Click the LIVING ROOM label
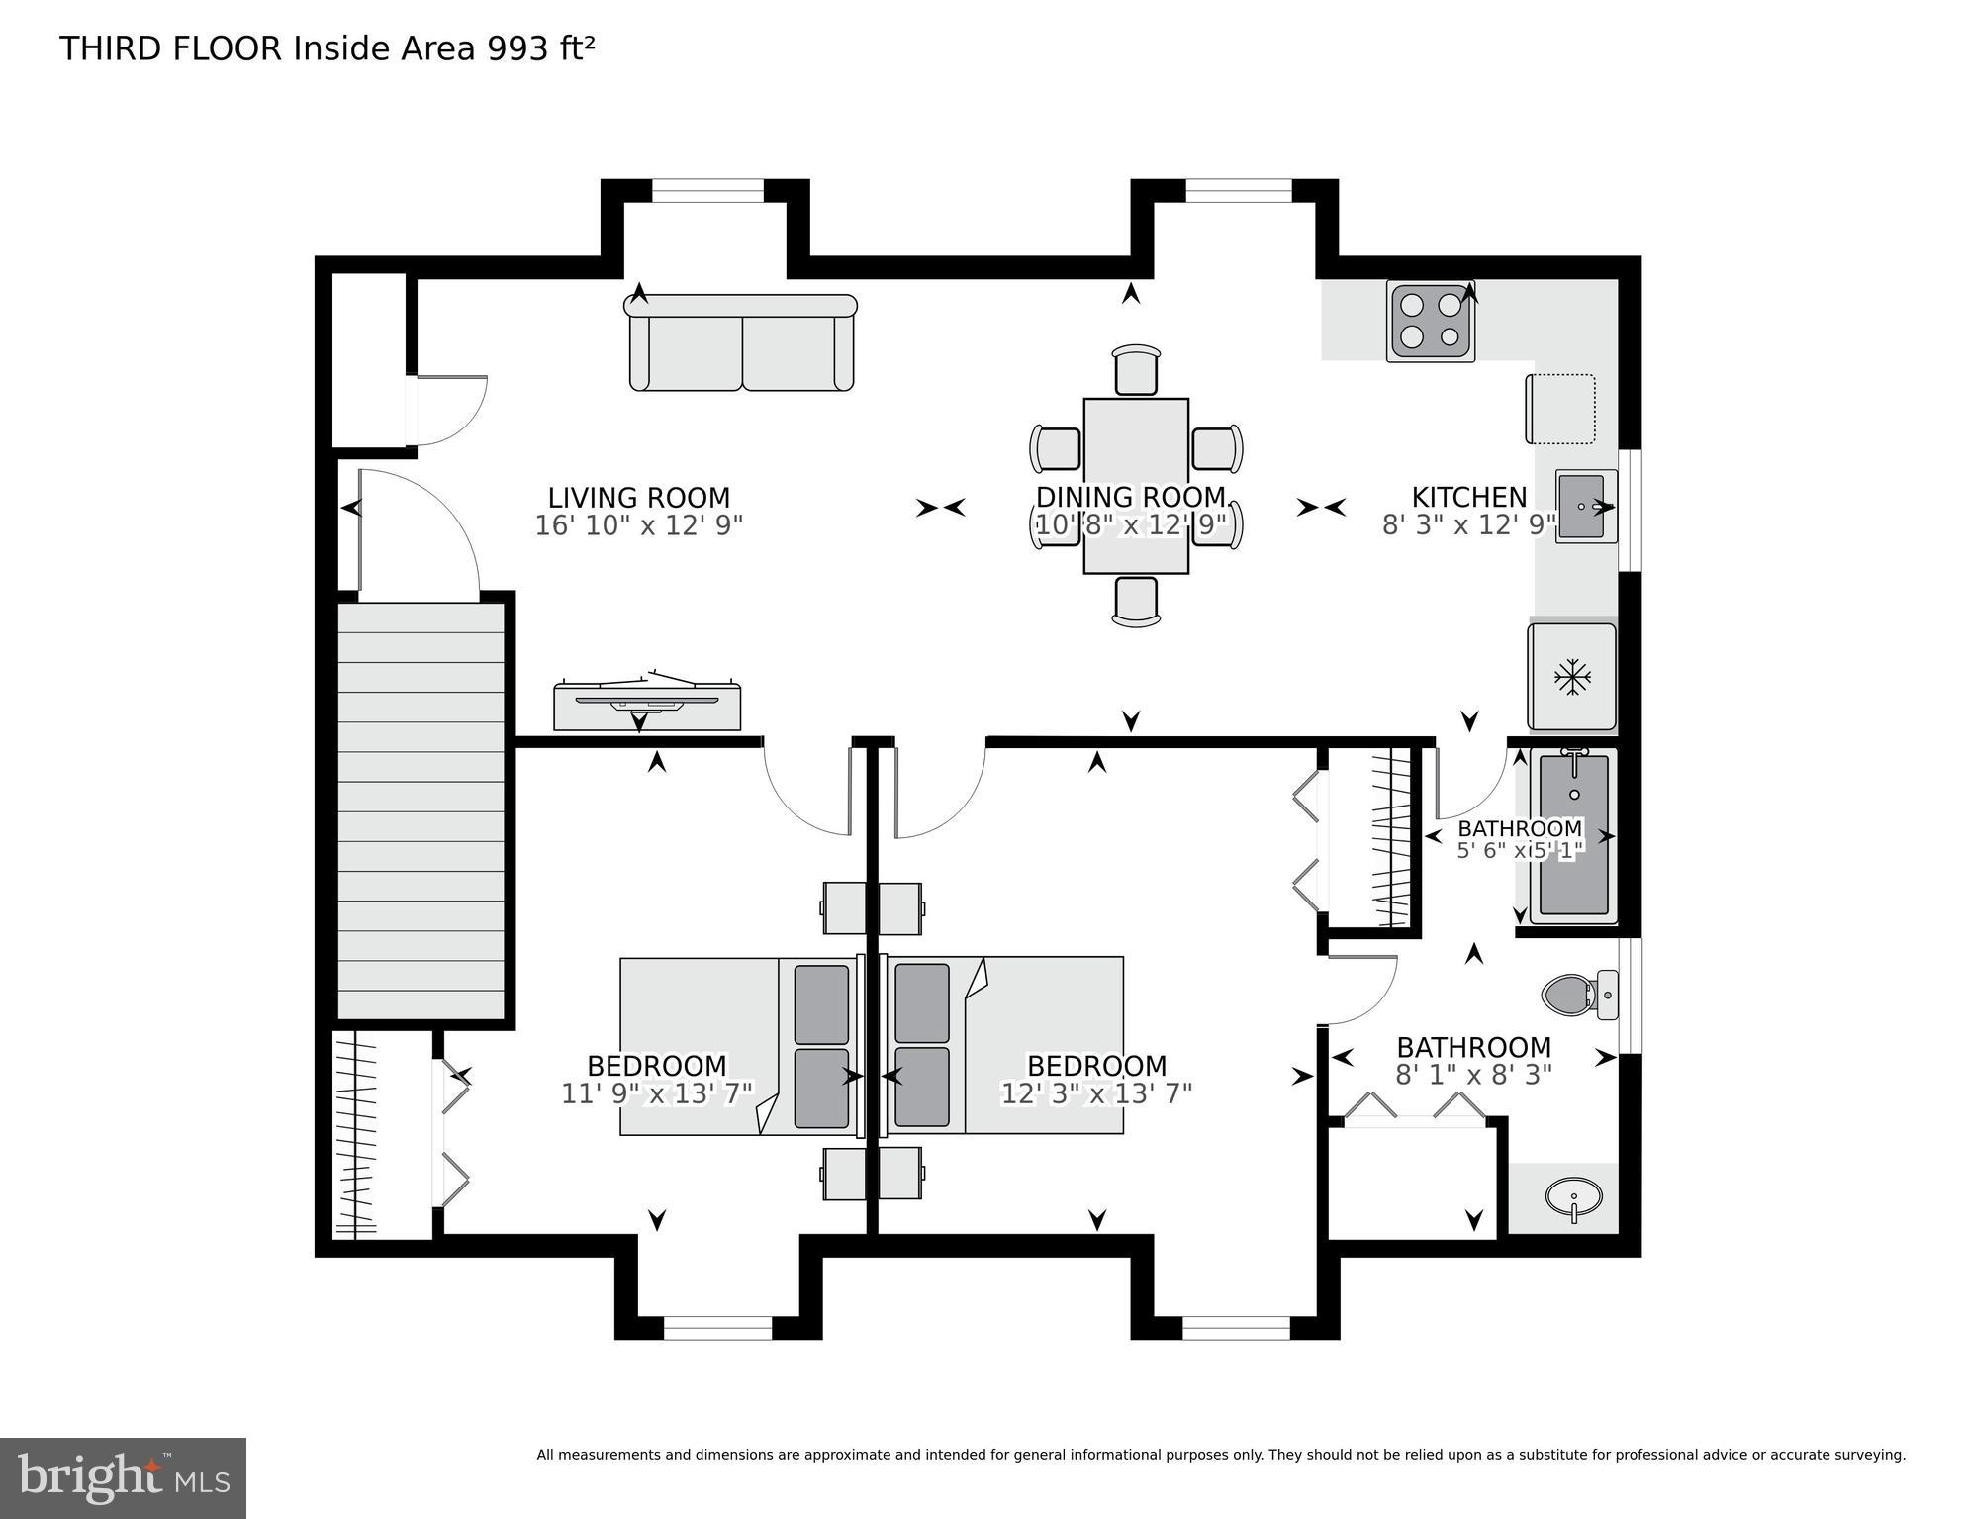(638, 498)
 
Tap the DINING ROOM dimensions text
(1131, 524)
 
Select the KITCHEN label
(1468, 497)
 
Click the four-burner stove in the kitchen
(1430, 321)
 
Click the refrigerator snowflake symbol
(1571, 677)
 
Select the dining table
(1136, 485)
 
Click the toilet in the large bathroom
(1573, 994)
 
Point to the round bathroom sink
(1572, 1197)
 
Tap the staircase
(421, 811)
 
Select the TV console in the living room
(647, 704)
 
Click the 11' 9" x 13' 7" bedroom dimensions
(657, 1093)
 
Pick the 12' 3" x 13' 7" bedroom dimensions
(1096, 1093)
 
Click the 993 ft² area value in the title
(539, 48)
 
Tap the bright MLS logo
(123, 1476)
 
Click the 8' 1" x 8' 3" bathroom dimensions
(1473, 1074)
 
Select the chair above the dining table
(1135, 369)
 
